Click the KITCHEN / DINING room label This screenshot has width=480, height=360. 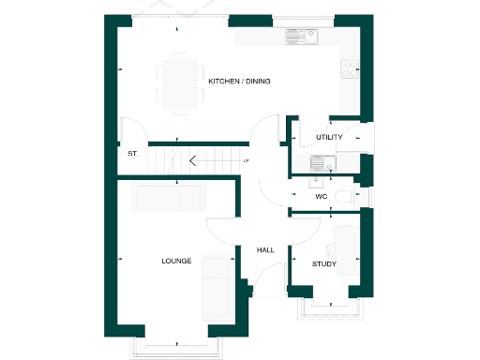click(x=239, y=82)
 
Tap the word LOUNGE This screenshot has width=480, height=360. click(x=176, y=261)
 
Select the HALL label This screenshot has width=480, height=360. click(x=265, y=250)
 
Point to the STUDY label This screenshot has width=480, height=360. click(x=324, y=264)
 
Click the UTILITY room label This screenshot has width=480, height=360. click(x=329, y=138)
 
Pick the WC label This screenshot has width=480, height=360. click(x=321, y=197)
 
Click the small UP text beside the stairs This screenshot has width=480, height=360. click(x=246, y=161)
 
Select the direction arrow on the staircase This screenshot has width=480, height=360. click(x=192, y=160)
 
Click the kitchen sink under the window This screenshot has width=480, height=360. click(x=303, y=39)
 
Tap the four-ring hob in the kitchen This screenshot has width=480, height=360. click(x=351, y=68)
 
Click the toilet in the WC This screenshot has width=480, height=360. click(x=345, y=196)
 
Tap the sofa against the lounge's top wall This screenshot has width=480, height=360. click(x=170, y=198)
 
